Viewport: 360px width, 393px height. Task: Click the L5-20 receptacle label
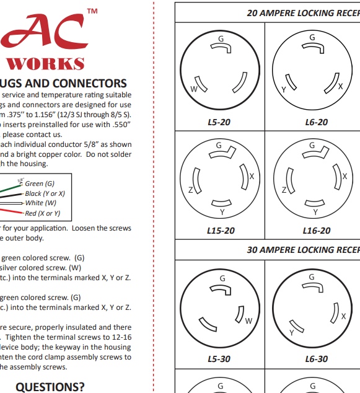(x=219, y=122)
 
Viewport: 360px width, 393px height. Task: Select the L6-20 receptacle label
(x=317, y=122)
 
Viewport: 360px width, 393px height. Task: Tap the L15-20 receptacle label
(x=221, y=231)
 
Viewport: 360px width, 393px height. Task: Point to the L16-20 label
(x=317, y=231)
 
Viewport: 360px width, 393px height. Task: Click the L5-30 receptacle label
(x=219, y=359)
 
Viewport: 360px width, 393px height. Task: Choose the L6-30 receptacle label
(x=317, y=359)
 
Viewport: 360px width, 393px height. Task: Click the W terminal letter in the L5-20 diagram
(x=193, y=89)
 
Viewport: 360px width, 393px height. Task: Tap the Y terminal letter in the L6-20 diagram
(x=284, y=90)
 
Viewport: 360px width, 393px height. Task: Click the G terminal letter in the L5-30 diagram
(x=221, y=277)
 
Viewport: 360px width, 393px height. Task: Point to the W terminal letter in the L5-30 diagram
(x=248, y=320)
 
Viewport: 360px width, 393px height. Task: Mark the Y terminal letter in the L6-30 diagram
(x=291, y=333)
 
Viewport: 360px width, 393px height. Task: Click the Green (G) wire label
(x=40, y=184)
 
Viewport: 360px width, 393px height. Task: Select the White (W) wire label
(x=41, y=203)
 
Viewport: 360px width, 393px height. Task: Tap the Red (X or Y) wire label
(x=43, y=213)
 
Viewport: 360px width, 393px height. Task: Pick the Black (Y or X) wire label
(x=45, y=193)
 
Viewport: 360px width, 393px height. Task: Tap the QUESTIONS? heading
(x=50, y=387)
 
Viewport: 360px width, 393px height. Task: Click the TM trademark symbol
(x=92, y=11)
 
